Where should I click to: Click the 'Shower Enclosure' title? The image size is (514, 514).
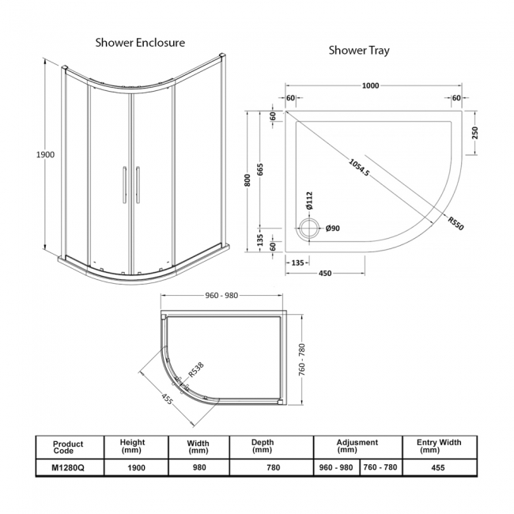click(139, 42)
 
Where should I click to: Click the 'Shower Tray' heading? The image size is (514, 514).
click(359, 51)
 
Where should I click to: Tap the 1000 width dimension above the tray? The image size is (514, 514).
click(369, 86)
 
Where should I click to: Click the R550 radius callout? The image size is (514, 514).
click(455, 224)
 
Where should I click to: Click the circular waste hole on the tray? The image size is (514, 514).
click(308, 228)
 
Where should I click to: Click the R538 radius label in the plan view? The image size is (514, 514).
click(195, 368)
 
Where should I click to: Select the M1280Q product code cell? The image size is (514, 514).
click(68, 467)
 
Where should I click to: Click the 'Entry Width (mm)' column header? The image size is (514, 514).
click(440, 446)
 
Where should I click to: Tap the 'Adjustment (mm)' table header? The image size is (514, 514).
click(357, 446)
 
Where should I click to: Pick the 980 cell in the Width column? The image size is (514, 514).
click(198, 467)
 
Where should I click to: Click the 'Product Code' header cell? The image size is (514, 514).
click(68, 447)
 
